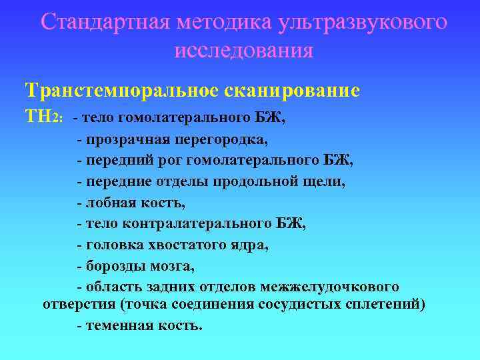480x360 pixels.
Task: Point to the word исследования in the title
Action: (243, 50)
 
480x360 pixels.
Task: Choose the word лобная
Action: (107, 202)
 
